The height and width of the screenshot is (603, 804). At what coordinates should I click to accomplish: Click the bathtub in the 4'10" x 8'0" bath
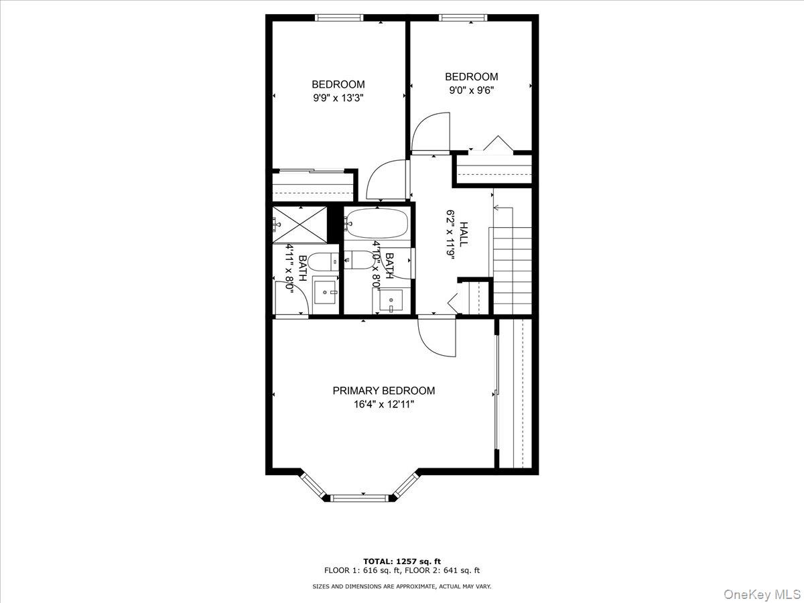tap(377, 223)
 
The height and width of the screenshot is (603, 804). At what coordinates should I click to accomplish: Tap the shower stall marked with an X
tap(299, 225)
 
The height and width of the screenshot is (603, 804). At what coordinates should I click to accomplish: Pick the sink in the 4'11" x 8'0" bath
tap(325, 292)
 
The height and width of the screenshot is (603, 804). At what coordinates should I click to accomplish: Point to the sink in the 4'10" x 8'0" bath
tap(391, 301)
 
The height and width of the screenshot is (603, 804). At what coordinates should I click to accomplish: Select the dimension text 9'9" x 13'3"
tap(338, 98)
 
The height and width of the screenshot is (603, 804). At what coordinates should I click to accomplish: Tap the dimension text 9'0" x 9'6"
tap(472, 90)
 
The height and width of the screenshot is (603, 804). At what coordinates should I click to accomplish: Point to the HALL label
tap(464, 234)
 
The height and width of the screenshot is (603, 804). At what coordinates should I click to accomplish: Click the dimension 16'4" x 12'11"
tap(383, 405)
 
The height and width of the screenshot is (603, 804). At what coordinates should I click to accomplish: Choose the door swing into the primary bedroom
tap(437, 337)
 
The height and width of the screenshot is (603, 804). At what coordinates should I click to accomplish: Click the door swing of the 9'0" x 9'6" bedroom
tap(431, 132)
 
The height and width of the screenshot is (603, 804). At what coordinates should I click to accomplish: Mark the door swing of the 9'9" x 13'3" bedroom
tap(387, 180)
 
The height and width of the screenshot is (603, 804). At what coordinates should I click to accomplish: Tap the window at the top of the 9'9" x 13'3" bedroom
tap(339, 17)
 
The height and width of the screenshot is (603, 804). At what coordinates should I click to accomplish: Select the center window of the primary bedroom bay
tap(359, 498)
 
